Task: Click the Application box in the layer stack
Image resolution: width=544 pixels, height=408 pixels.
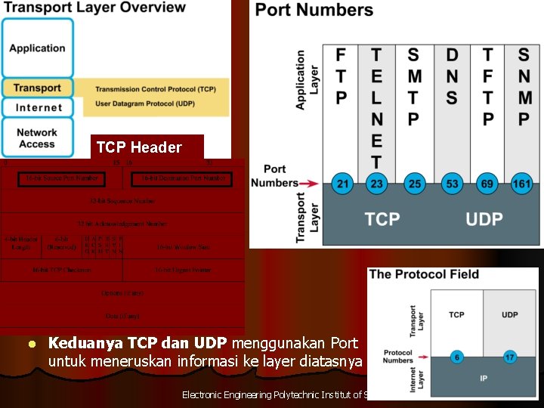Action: point(38,48)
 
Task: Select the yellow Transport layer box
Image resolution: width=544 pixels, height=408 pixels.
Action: point(38,88)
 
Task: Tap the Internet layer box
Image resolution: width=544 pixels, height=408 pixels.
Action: point(38,107)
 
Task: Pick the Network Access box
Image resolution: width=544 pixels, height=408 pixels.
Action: point(38,138)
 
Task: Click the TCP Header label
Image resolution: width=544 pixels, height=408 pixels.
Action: point(139,147)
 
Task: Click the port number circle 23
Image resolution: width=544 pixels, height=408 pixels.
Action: point(376,183)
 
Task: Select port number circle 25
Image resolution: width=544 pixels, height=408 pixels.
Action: point(413,183)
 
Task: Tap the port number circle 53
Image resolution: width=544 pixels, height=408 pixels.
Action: point(452,183)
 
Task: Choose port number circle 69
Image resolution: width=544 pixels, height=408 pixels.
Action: point(487,183)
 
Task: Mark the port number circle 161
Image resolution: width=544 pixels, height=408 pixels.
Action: point(523,183)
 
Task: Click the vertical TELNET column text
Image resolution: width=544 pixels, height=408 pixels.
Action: point(376,108)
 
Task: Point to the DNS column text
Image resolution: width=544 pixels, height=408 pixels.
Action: point(452,76)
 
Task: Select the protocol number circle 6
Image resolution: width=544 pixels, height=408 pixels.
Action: point(456,357)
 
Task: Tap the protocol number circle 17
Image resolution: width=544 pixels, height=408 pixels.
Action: point(509,357)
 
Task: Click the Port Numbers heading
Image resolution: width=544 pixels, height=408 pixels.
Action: point(314,11)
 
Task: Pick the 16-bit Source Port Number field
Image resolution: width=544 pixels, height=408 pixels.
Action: point(62,179)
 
